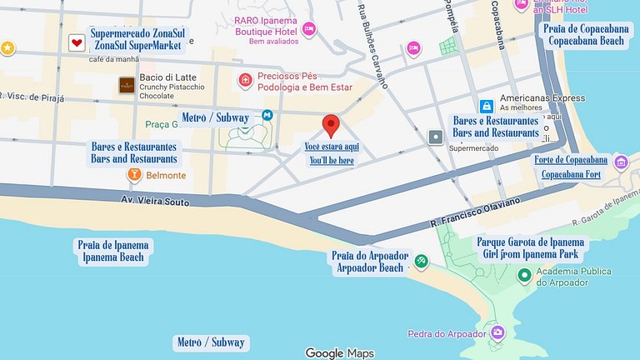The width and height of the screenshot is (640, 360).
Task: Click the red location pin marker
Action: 331,125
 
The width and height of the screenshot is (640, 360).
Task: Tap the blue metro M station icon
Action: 267,116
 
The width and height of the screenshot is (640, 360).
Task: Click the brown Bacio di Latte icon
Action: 127,84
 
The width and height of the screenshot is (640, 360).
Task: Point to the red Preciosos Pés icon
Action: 245,80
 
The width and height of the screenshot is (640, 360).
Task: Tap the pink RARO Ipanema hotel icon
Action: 308,29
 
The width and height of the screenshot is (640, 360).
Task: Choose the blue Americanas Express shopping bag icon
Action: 486,106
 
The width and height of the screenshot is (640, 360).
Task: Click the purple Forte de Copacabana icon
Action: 620,161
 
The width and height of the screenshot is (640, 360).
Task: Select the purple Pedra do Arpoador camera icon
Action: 497,333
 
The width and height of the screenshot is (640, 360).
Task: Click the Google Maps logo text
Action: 339,352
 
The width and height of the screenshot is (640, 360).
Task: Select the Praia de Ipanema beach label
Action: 112,251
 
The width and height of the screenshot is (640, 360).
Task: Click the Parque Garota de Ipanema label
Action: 532,248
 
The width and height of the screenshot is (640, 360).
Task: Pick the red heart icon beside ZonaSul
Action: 77,42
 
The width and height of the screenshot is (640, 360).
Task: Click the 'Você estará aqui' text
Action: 331,146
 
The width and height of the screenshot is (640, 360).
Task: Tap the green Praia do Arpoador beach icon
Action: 422,262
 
